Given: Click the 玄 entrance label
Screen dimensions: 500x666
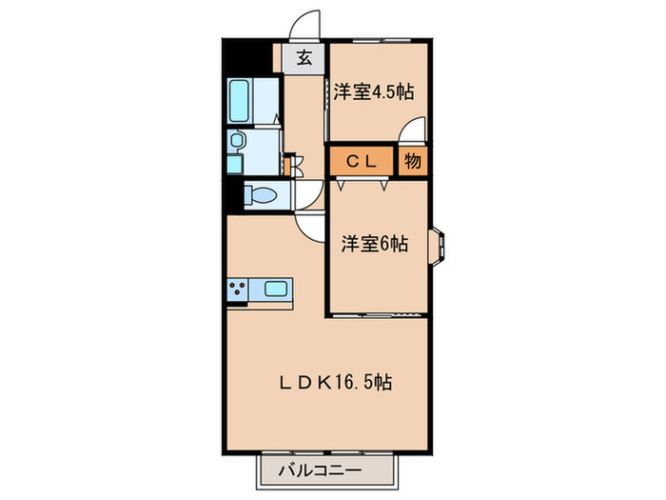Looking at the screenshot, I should click(x=304, y=58).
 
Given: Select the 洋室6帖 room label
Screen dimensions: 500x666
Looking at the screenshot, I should click(x=375, y=245).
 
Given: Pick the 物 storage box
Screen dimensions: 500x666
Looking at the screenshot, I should click(x=413, y=161).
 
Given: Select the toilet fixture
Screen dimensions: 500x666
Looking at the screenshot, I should click(x=260, y=197).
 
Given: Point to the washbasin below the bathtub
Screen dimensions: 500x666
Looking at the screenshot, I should click(x=237, y=143).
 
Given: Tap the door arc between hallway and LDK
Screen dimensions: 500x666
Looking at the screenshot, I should click(x=311, y=228).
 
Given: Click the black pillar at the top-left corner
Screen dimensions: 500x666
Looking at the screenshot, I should click(x=234, y=59).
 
